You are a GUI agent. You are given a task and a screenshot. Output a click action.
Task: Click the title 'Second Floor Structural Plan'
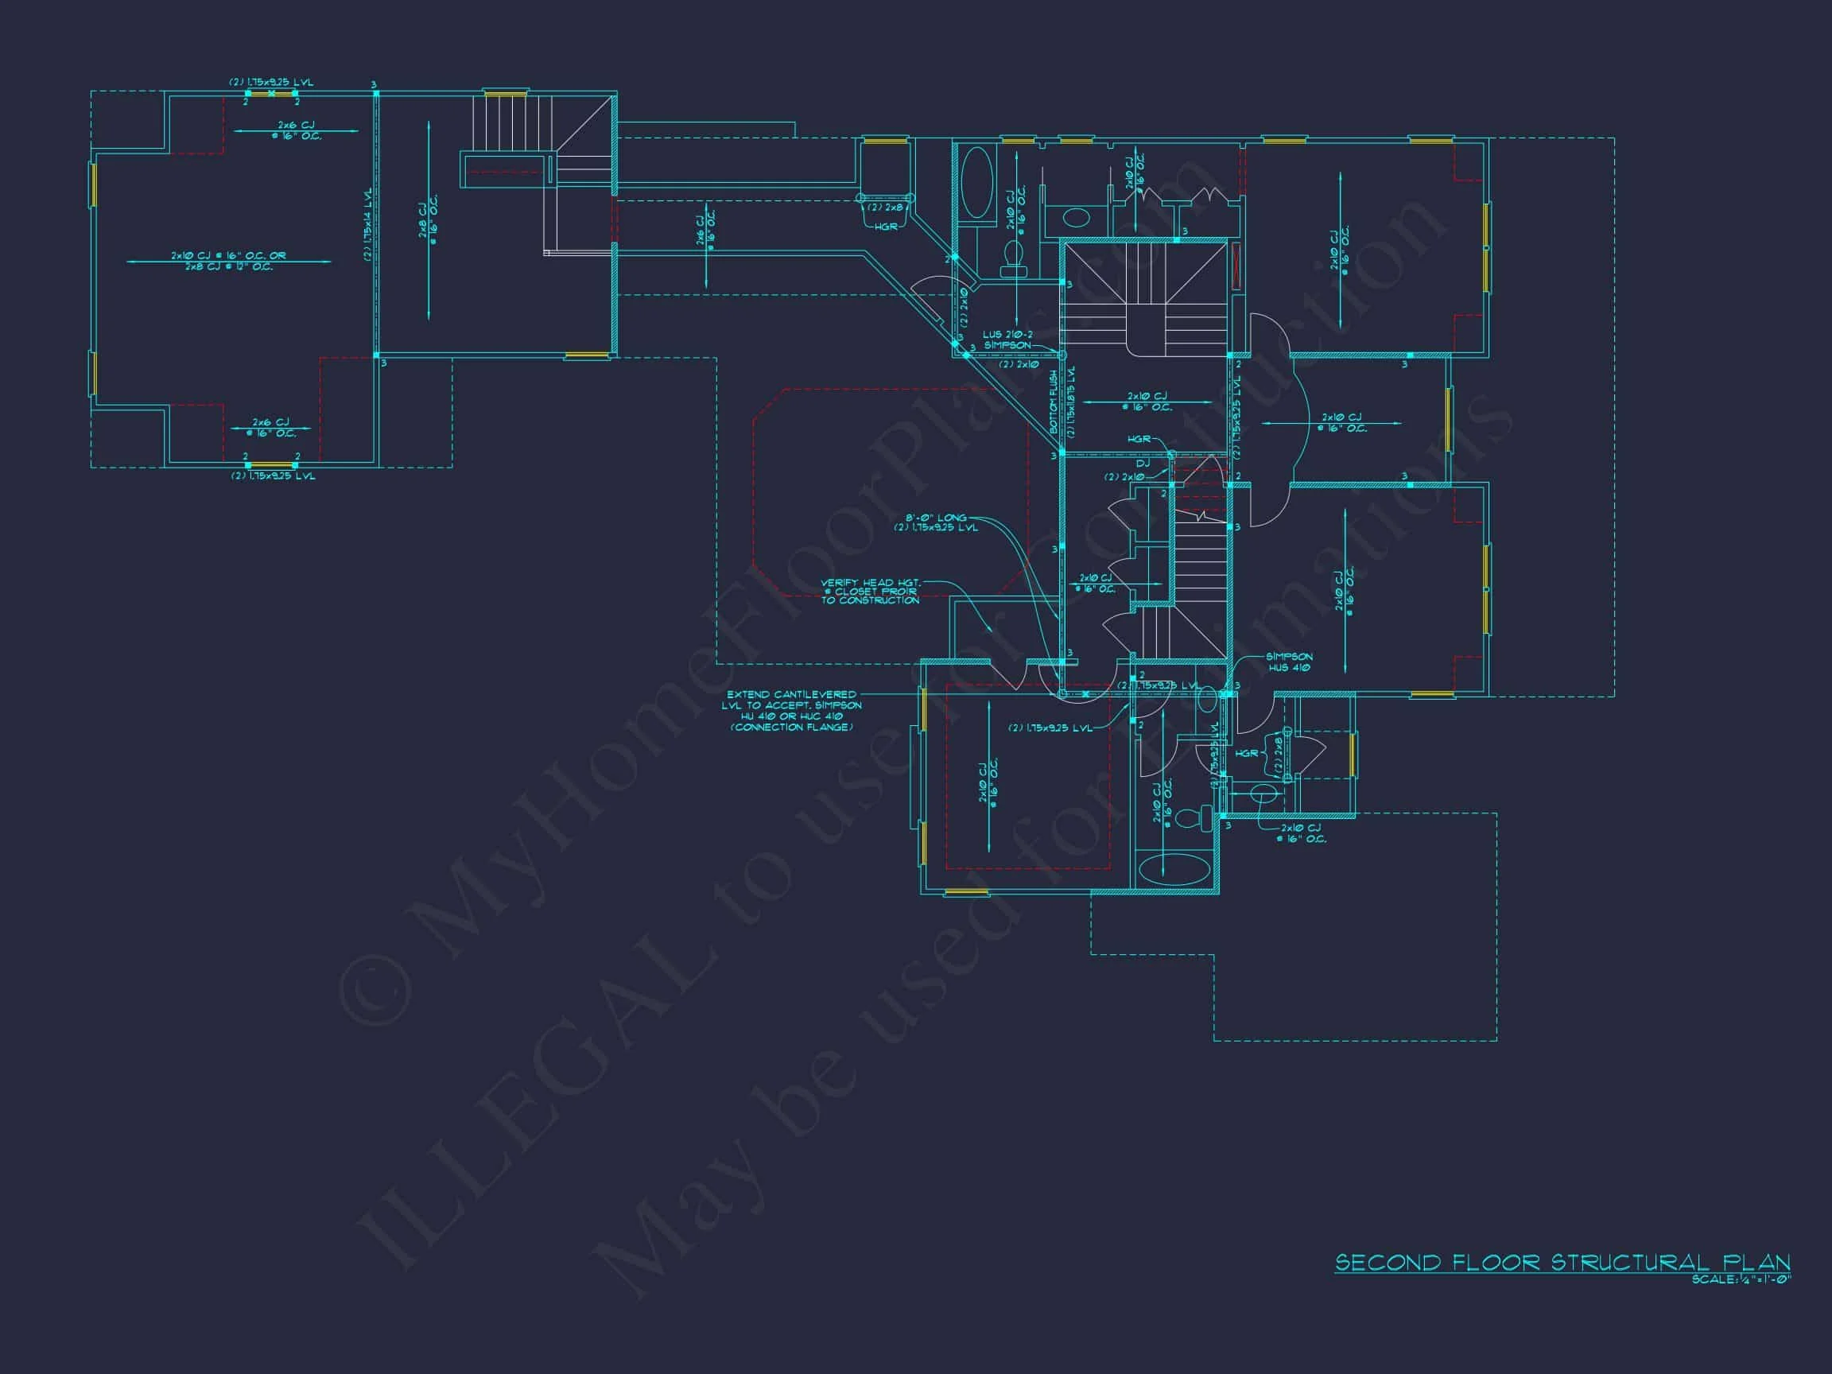coord(1562,1262)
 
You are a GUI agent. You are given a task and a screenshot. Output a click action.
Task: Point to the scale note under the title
coord(1741,1280)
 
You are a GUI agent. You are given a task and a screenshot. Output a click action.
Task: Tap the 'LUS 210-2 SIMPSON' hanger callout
coord(1008,340)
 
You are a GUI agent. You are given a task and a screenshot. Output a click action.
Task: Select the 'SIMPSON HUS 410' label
coord(1289,662)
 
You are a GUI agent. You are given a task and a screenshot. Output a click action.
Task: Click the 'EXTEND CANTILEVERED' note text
coord(792,695)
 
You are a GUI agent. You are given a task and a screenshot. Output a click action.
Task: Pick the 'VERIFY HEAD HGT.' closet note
coord(870,583)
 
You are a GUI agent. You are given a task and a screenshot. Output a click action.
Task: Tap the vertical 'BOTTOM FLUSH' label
coord(1054,402)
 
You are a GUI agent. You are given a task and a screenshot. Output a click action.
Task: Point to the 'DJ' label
coord(1143,464)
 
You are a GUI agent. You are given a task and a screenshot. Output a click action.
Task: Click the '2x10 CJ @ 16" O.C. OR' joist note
coord(228,256)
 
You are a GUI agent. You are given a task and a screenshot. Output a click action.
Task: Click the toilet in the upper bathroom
coord(1014,258)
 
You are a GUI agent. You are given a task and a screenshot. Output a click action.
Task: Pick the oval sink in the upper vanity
coord(1076,218)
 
